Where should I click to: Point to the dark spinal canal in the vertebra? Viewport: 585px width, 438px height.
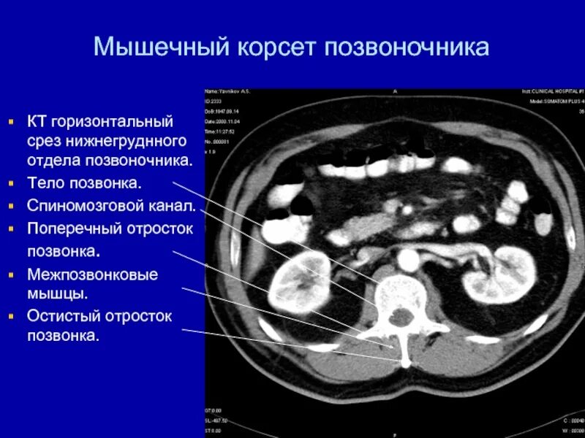point(401,316)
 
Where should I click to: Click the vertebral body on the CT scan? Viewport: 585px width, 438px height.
point(399,291)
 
